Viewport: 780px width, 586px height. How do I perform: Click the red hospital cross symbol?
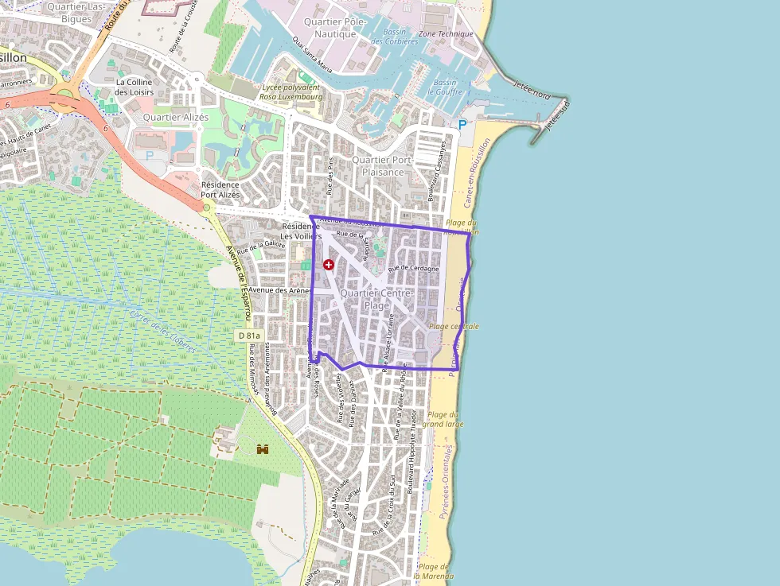click(328, 264)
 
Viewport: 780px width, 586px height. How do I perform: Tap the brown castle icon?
click(263, 449)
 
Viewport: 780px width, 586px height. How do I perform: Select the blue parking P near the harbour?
click(462, 125)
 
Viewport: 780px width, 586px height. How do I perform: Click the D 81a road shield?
click(249, 336)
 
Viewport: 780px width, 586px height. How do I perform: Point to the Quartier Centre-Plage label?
click(376, 299)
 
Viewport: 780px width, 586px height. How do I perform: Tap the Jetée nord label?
click(532, 89)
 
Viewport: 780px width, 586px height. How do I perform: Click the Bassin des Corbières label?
click(400, 37)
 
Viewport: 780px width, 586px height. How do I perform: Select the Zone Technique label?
click(446, 34)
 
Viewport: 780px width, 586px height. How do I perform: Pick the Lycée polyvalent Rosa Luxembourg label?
click(291, 91)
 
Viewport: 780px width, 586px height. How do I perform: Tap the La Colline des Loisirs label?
click(135, 87)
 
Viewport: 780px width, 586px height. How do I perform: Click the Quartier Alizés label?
click(175, 117)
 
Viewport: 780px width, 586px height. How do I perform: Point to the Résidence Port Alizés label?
click(220, 189)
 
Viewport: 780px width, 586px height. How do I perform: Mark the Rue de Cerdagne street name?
click(414, 269)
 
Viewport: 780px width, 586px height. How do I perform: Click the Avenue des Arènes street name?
click(279, 291)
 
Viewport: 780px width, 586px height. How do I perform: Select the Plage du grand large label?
click(443, 419)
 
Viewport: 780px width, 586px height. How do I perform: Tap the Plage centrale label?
click(454, 326)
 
